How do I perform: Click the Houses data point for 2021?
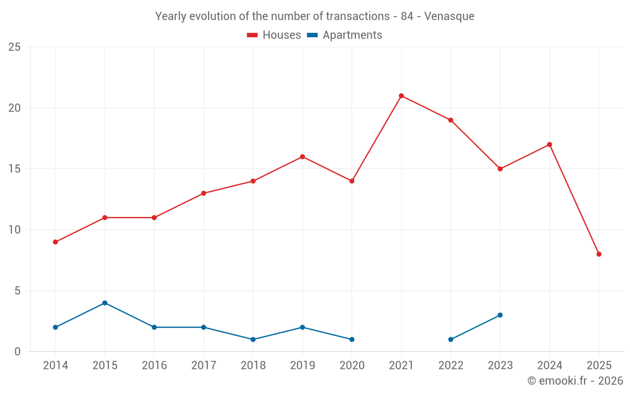point(401,96)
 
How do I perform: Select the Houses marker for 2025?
point(599,254)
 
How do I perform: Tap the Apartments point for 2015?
point(105,303)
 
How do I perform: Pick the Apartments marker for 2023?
point(500,315)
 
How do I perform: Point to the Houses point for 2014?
point(55,242)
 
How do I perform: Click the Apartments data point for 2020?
point(352,339)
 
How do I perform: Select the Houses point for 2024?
point(549,144)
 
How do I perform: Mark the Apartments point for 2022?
point(450,339)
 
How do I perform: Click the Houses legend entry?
point(274,35)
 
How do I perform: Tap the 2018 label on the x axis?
point(253,366)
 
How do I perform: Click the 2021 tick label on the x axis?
point(401,366)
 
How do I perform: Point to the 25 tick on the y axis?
point(14,47)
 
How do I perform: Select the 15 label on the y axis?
point(14,169)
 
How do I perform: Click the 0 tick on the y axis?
point(18,352)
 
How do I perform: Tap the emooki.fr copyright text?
point(575,381)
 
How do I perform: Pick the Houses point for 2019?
point(302,156)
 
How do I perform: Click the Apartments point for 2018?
point(253,339)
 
